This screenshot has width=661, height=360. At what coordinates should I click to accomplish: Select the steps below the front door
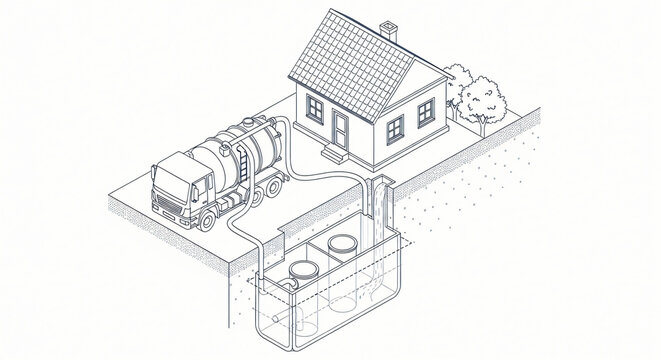point(331,154)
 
